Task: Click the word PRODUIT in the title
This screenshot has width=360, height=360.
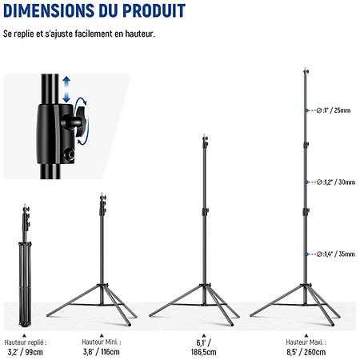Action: [154, 10]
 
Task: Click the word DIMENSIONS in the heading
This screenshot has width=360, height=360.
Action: [49, 10]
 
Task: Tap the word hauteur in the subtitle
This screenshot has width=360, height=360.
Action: [140, 34]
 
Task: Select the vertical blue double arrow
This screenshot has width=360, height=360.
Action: [66, 90]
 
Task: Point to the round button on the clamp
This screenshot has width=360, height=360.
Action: [70, 154]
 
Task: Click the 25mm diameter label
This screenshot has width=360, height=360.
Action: [334, 110]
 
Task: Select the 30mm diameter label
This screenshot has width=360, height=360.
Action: [336, 182]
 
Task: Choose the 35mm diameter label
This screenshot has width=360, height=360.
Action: [336, 254]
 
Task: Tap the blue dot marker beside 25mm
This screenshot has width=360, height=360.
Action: [307, 110]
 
